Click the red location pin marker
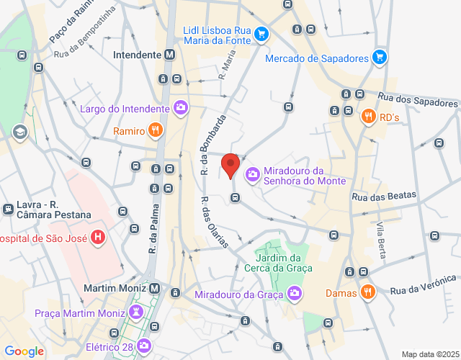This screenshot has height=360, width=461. pos(230,165)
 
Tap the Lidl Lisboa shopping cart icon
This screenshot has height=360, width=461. pos(261,33)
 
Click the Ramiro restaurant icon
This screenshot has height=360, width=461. pos(155,130)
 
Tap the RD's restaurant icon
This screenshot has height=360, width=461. pos(368,115)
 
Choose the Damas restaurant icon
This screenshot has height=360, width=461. pos(367,292)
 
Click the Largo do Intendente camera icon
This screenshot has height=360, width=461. pos(180,109)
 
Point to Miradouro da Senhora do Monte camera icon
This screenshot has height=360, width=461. pos(253,174)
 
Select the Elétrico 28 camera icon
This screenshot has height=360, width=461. pos(144,346)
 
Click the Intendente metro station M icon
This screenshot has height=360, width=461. pos(169,54)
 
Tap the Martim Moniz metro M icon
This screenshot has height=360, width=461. pos(155,288)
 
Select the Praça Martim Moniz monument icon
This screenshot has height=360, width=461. pos(135,312)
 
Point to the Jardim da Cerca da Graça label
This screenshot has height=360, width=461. pos(283,263)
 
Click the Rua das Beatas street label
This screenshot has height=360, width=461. pos(380,196)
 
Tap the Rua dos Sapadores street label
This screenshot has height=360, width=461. pos(418,102)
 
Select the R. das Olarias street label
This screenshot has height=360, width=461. pos(214,222)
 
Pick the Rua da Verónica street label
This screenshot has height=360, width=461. pos(424,284)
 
